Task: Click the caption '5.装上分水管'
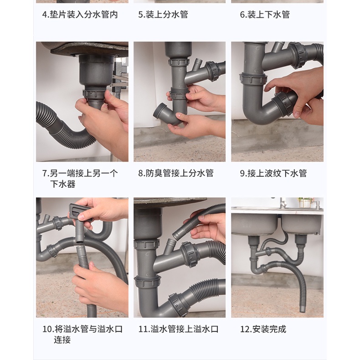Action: [x=163, y=15]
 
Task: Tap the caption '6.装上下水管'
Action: [x=265, y=15]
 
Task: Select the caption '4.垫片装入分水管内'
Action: [x=80, y=15]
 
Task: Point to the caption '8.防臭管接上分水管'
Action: [x=176, y=173]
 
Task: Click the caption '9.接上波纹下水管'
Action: [x=273, y=173]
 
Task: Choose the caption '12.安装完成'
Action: [x=263, y=329]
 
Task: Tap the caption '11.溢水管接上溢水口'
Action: [x=178, y=329]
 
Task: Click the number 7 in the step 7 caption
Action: [x=45, y=173]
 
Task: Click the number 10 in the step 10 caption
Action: [x=47, y=329]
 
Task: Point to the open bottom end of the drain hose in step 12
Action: [x=303, y=309]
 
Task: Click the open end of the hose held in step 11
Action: [x=176, y=235]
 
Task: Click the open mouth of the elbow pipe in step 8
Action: [x=159, y=110]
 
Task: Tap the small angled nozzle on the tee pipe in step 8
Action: [x=197, y=64]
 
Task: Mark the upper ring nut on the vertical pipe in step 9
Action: [x=253, y=78]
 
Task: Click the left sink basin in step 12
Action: [x=254, y=224]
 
